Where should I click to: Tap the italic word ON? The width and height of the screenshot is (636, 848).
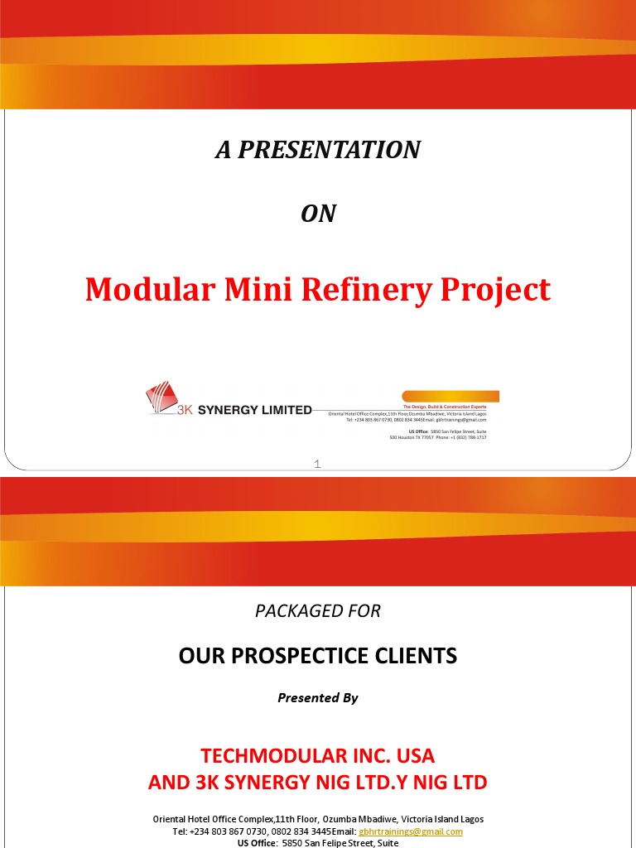point(318,214)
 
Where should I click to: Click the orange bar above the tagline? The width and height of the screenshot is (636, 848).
point(450,397)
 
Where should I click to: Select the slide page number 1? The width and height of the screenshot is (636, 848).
point(317,465)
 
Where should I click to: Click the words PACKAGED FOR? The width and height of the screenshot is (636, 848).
point(318,611)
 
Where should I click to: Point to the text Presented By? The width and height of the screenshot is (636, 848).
point(318,698)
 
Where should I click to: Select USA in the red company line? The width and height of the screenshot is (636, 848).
point(414,756)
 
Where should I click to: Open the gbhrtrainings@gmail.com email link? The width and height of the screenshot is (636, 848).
point(411,831)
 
